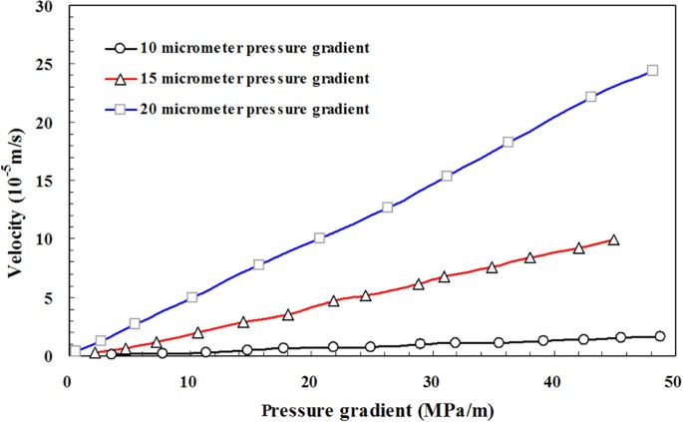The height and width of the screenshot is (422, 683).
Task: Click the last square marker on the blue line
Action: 652,71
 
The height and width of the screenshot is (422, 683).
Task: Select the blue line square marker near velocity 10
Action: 319,238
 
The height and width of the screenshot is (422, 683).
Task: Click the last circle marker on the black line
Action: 659,336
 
